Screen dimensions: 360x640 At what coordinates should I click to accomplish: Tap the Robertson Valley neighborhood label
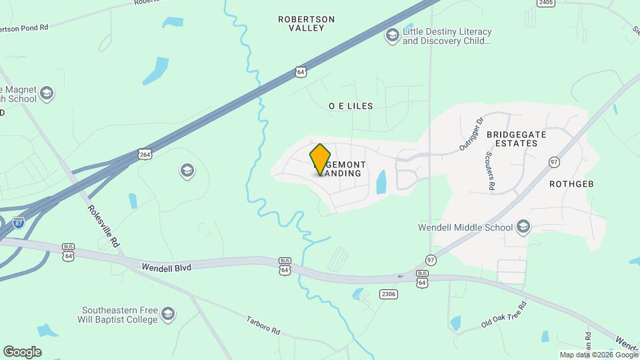click(306, 24)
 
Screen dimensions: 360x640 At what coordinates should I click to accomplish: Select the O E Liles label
click(351, 106)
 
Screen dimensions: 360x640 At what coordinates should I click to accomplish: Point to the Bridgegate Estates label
click(517, 139)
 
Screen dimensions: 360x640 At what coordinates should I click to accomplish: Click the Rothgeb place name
click(571, 183)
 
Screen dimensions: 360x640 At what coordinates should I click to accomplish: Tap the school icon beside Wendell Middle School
click(523, 227)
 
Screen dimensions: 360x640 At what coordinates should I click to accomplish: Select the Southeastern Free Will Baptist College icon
click(169, 313)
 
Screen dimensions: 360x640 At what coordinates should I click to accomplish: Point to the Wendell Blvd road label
click(166, 267)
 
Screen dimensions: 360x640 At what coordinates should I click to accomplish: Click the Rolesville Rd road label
click(103, 226)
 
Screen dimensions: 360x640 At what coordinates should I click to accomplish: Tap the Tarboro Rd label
click(264, 325)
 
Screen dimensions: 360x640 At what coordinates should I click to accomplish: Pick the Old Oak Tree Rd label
click(504, 315)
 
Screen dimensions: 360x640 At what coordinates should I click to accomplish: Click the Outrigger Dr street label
click(471, 134)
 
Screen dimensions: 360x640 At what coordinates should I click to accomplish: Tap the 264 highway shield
click(145, 154)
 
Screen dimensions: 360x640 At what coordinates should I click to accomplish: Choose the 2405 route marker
click(546, 3)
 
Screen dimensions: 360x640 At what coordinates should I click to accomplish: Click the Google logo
click(22, 351)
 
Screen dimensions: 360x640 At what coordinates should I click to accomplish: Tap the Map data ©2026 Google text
click(599, 355)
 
